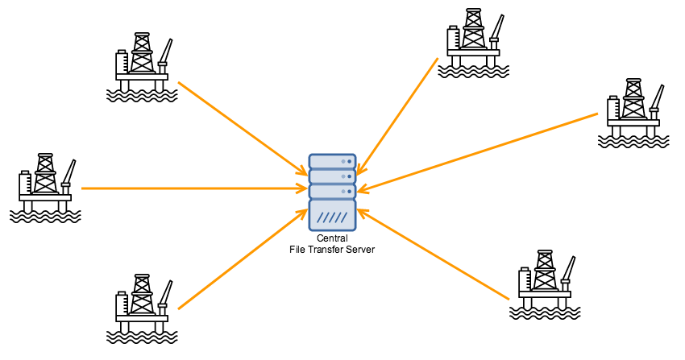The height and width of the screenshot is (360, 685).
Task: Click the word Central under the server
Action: [x=332, y=239]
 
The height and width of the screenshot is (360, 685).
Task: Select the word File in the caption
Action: [x=297, y=250]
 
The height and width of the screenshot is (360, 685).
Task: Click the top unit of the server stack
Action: [x=332, y=161]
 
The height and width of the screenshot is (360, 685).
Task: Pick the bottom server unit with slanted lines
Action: [x=332, y=216]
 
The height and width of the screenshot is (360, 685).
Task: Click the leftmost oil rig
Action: [x=46, y=188]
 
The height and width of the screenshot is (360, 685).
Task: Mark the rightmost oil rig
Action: [x=633, y=112]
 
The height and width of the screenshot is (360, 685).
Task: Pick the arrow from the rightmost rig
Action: [x=484, y=151]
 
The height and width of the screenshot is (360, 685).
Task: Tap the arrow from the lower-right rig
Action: [x=435, y=254]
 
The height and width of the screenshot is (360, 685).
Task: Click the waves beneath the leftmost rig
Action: [x=45, y=216]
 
